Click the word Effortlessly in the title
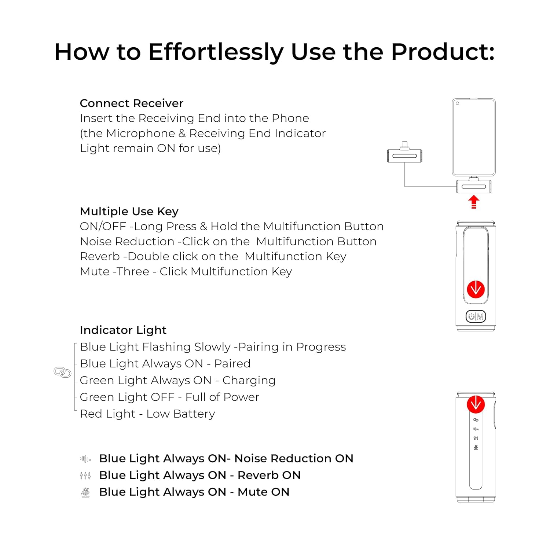(x=216, y=52)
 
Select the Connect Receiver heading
(x=131, y=103)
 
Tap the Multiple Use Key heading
(x=129, y=212)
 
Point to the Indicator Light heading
(x=123, y=330)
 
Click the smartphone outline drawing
(x=474, y=137)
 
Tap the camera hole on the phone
(x=457, y=103)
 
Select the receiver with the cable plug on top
(x=404, y=153)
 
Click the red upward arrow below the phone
(x=474, y=202)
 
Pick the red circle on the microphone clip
(x=476, y=289)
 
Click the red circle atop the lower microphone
(x=476, y=404)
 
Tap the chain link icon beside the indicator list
(x=62, y=372)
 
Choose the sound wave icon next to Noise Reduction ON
(x=85, y=459)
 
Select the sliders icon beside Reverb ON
(x=85, y=476)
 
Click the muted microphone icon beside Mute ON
(x=85, y=492)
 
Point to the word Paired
(x=232, y=364)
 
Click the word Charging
(x=249, y=381)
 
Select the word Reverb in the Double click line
(x=100, y=256)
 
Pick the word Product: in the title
(x=443, y=52)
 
